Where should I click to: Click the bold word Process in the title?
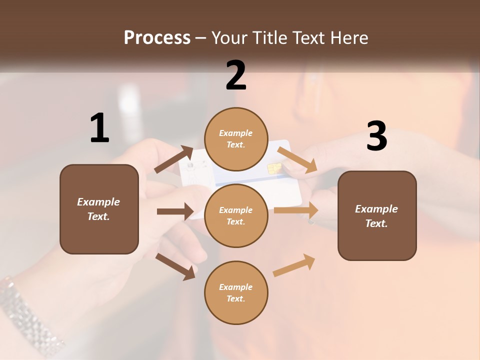tap(157, 38)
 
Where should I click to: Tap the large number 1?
tap(99, 128)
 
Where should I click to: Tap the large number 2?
tap(236, 75)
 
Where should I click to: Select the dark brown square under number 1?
tap(99, 209)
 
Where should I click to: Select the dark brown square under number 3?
tap(377, 215)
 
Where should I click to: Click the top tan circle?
tap(236, 139)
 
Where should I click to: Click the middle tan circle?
tap(236, 215)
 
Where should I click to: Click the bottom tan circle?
tap(236, 292)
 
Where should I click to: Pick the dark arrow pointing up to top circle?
tap(174, 159)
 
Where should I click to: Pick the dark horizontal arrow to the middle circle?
tap(175, 211)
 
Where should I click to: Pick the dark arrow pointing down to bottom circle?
tap(175, 266)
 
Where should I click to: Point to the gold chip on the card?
tap(274, 168)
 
